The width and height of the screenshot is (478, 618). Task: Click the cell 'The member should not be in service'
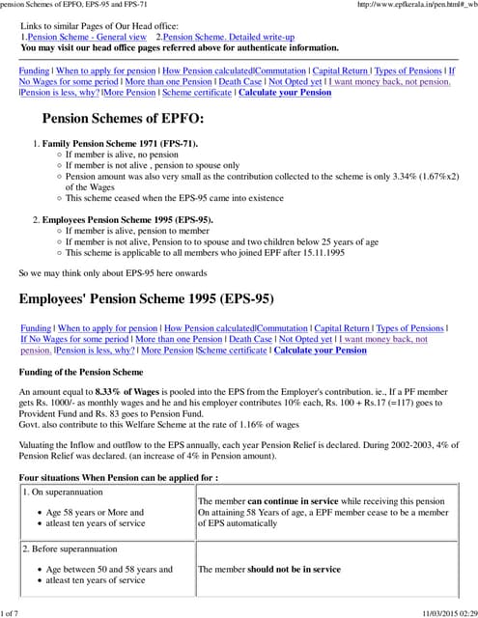click(x=269, y=570)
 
